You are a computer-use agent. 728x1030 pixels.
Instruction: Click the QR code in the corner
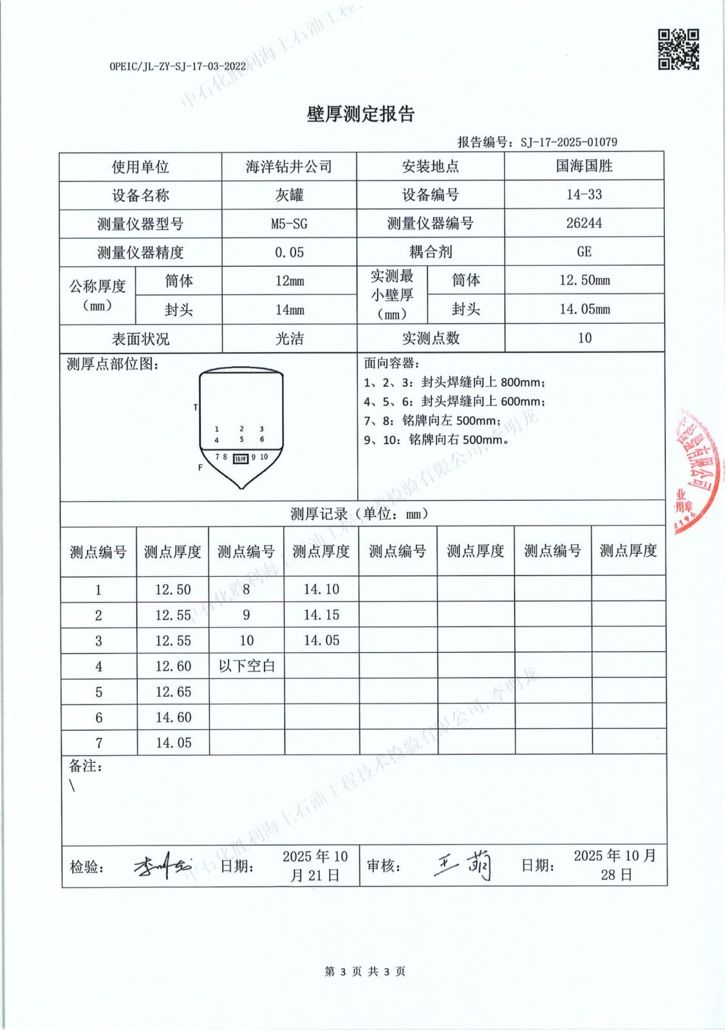point(678,49)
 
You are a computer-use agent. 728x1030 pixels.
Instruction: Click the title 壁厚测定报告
point(360,115)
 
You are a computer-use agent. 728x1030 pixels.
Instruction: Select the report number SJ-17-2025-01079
point(568,142)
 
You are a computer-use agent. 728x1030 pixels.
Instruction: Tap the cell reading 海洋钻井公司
point(288,167)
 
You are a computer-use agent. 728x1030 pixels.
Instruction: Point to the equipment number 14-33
point(584,194)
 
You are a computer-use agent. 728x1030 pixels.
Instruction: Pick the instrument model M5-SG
point(289,223)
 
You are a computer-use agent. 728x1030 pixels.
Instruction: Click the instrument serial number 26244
point(584,223)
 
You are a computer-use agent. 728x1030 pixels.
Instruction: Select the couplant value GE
point(584,251)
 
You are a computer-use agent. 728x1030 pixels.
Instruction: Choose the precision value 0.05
point(289,252)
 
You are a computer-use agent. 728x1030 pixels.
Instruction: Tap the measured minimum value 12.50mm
point(584,280)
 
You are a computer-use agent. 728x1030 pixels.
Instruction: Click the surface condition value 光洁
point(289,339)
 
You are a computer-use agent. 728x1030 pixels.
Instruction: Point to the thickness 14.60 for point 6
point(173,717)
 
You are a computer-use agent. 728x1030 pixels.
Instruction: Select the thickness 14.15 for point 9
point(321,615)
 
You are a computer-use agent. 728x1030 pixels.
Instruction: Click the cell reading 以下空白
point(247,666)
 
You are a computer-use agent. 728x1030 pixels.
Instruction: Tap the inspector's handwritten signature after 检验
point(162,866)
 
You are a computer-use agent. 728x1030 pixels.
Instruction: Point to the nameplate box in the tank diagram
point(240,458)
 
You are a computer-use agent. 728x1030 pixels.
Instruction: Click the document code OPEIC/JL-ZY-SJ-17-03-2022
point(178,66)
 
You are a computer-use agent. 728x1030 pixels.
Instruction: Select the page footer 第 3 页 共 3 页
point(364,971)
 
